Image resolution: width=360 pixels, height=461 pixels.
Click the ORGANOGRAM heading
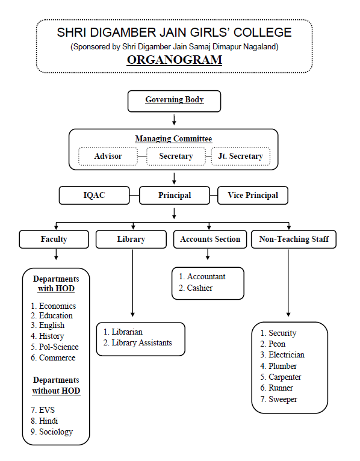[175, 60]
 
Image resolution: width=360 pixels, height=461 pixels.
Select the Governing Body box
[174, 101]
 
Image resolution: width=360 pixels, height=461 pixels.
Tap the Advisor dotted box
[108, 156]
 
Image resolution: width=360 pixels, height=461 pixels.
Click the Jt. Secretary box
[241, 156]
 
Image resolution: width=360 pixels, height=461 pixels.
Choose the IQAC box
[94, 195]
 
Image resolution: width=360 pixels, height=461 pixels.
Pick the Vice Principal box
[253, 195]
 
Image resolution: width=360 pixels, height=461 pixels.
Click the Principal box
[175, 195]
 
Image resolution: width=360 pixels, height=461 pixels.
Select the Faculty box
[54, 240]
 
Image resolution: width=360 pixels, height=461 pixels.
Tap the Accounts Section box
[210, 240]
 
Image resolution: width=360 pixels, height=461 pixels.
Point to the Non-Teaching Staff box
[294, 240]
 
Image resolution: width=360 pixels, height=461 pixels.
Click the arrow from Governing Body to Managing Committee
[174, 120]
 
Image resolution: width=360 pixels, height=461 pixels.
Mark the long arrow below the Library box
[132, 283]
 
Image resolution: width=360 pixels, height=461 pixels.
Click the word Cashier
[200, 288]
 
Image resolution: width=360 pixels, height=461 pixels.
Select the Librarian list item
[123, 332]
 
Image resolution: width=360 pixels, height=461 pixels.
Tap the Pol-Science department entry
[55, 347]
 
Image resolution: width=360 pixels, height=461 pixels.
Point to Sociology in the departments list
[52, 432]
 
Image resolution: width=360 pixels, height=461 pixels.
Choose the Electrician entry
[282, 355]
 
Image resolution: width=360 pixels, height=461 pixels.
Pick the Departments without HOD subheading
[56, 385]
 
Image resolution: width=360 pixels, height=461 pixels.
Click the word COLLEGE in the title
[262, 32]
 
